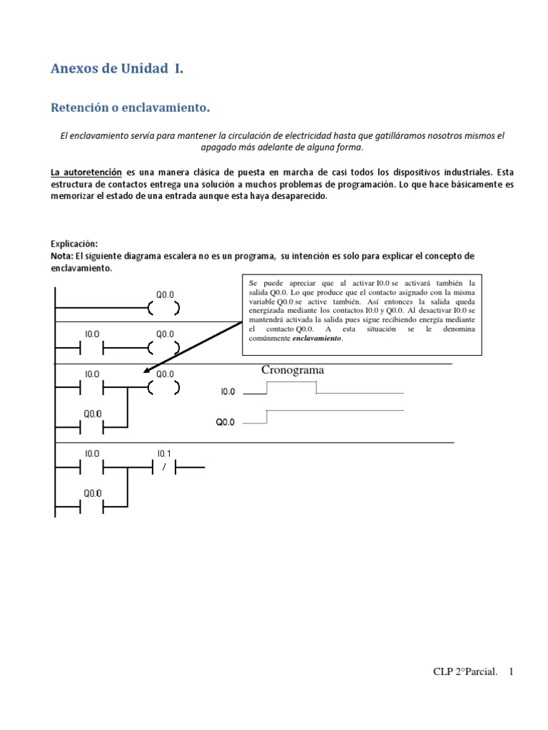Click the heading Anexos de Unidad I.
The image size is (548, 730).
tap(117, 69)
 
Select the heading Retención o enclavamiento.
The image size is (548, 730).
tap(131, 108)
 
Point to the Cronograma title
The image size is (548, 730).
tap(293, 370)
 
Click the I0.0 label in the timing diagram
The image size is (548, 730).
tap(229, 391)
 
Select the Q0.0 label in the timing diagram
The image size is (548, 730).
tap(225, 422)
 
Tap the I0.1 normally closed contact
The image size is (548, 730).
tap(164, 467)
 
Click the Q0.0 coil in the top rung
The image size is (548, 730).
tap(164, 309)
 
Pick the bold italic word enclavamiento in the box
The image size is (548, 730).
tap(317, 339)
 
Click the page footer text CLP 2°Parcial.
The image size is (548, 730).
tap(465, 672)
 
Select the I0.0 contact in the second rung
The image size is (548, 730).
tap(93, 348)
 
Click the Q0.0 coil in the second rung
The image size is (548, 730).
tap(164, 348)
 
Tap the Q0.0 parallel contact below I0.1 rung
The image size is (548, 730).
tap(93, 506)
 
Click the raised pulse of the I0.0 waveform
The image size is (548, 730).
tap(291, 383)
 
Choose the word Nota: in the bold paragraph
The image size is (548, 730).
tap(66, 255)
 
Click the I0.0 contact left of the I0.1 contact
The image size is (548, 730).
tap(93, 467)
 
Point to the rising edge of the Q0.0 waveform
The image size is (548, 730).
tap(266, 416)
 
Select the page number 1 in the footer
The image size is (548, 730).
tap(511, 672)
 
